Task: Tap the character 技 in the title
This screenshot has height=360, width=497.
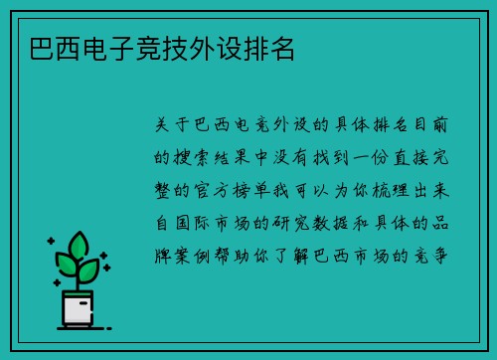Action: pos(180,49)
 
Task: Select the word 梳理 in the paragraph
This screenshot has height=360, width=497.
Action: pos(386,188)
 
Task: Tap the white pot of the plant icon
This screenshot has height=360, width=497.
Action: pos(77,309)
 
